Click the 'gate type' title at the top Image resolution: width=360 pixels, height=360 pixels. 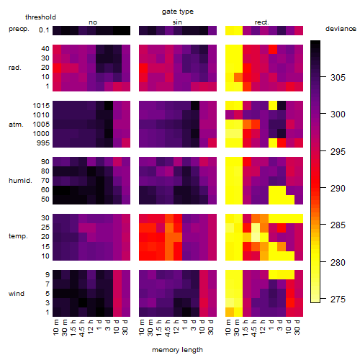click(178, 12)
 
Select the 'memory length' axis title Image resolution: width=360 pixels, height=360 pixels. click(177, 350)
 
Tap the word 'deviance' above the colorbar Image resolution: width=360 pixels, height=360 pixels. click(341, 29)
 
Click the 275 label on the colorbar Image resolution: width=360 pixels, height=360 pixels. click(338, 299)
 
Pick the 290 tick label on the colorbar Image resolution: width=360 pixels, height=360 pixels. click(338, 188)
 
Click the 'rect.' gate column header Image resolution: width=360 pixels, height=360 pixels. click(261, 22)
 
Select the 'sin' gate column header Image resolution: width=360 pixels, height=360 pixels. click(177, 22)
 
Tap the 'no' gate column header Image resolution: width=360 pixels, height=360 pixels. click(93, 22)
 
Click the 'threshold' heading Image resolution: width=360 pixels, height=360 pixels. click(40, 17)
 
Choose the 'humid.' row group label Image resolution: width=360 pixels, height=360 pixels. click(20, 181)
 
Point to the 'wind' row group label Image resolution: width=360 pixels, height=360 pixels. click(17, 294)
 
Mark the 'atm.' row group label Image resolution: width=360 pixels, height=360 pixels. click(16, 125)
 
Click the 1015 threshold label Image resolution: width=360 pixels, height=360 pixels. click(41, 106)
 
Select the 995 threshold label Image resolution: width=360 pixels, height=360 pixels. click(43, 143)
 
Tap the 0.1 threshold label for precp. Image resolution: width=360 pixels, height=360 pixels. click(44, 30)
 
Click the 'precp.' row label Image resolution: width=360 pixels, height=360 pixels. click(19, 29)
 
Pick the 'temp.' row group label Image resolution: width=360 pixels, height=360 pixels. click(18, 236)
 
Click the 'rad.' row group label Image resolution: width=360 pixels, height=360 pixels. click(15, 68)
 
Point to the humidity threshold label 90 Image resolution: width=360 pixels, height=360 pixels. click(45, 162)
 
